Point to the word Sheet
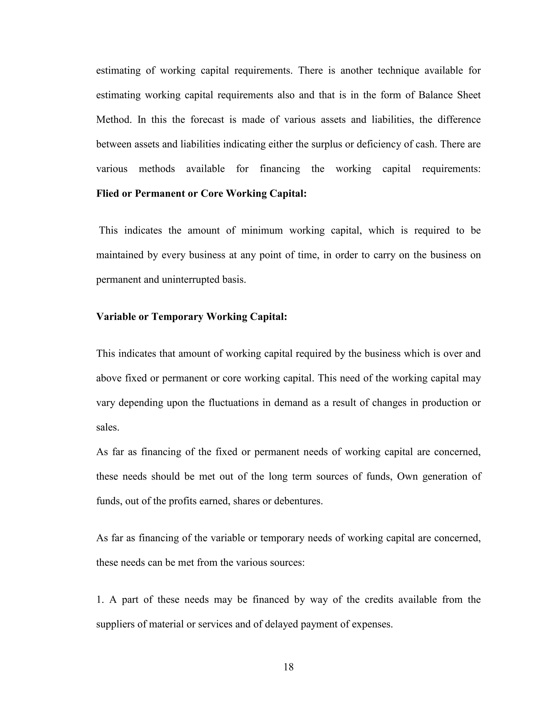click(469, 95)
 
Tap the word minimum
click(262, 230)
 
